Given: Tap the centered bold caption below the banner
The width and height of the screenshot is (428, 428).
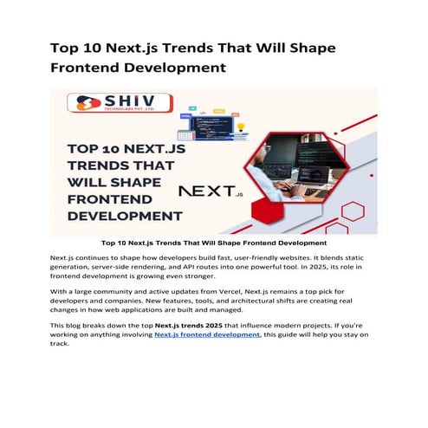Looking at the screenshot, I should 213,243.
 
